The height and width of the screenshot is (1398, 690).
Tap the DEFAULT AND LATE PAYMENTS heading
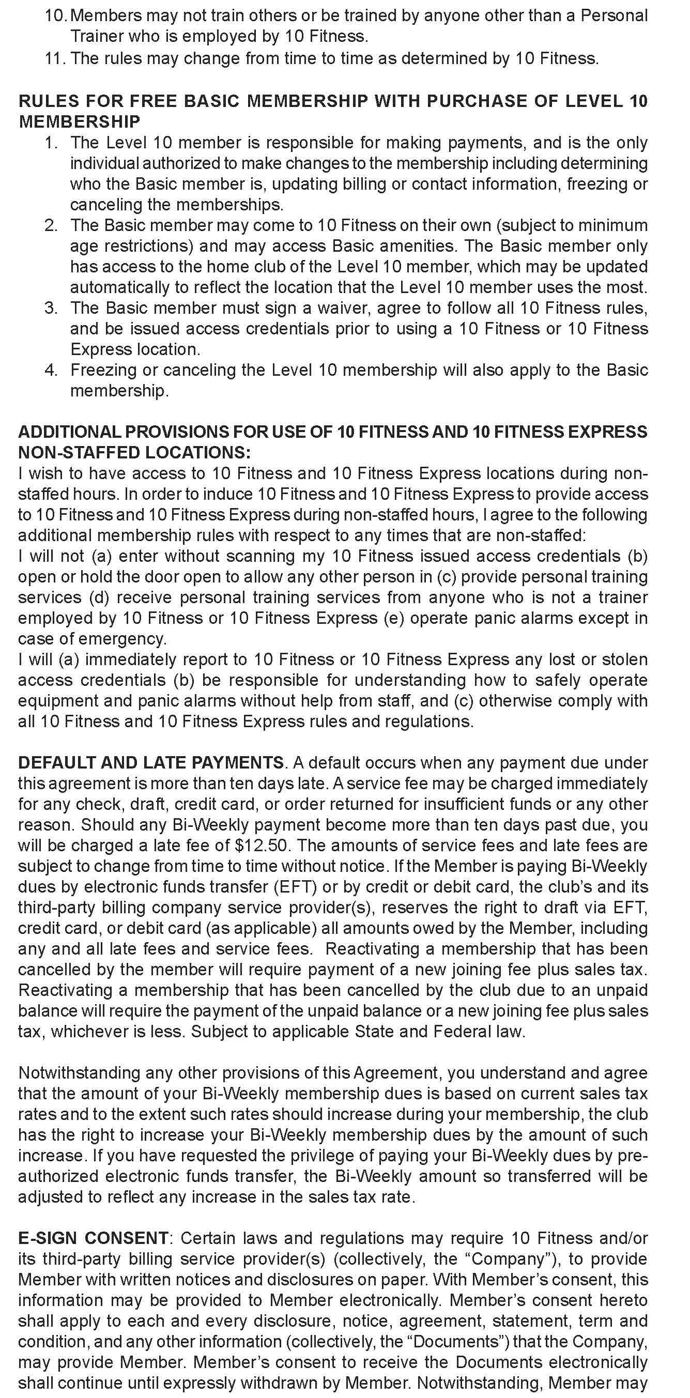pos(150,762)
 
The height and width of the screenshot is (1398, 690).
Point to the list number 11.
pos(54,58)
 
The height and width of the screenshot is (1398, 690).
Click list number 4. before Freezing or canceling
pos(51,370)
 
